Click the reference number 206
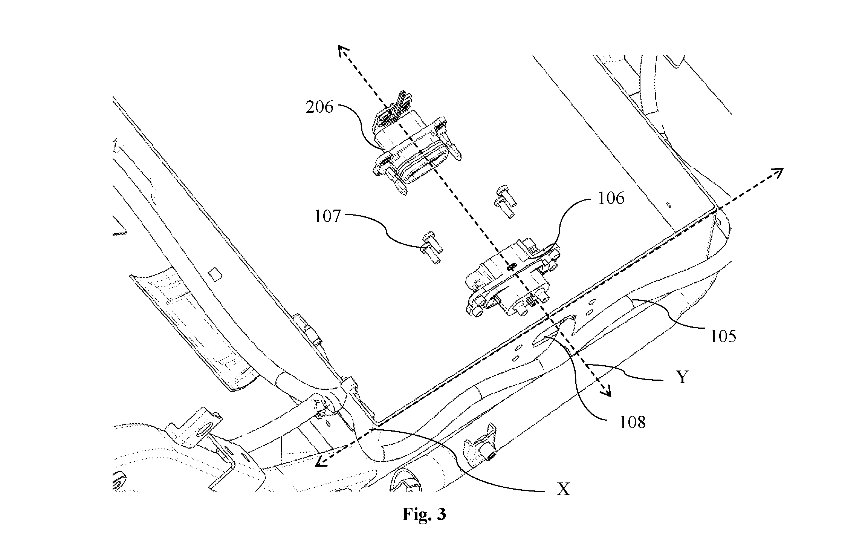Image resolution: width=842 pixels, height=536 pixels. [319, 107]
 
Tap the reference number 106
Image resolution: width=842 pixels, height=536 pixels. [611, 198]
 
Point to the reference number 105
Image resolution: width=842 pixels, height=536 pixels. [723, 336]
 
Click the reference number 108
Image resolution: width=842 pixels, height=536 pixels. [633, 422]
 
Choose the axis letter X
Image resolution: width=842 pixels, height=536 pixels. [563, 489]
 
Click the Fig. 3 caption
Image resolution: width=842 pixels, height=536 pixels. [424, 514]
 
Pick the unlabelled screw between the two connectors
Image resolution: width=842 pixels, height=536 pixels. [504, 202]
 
